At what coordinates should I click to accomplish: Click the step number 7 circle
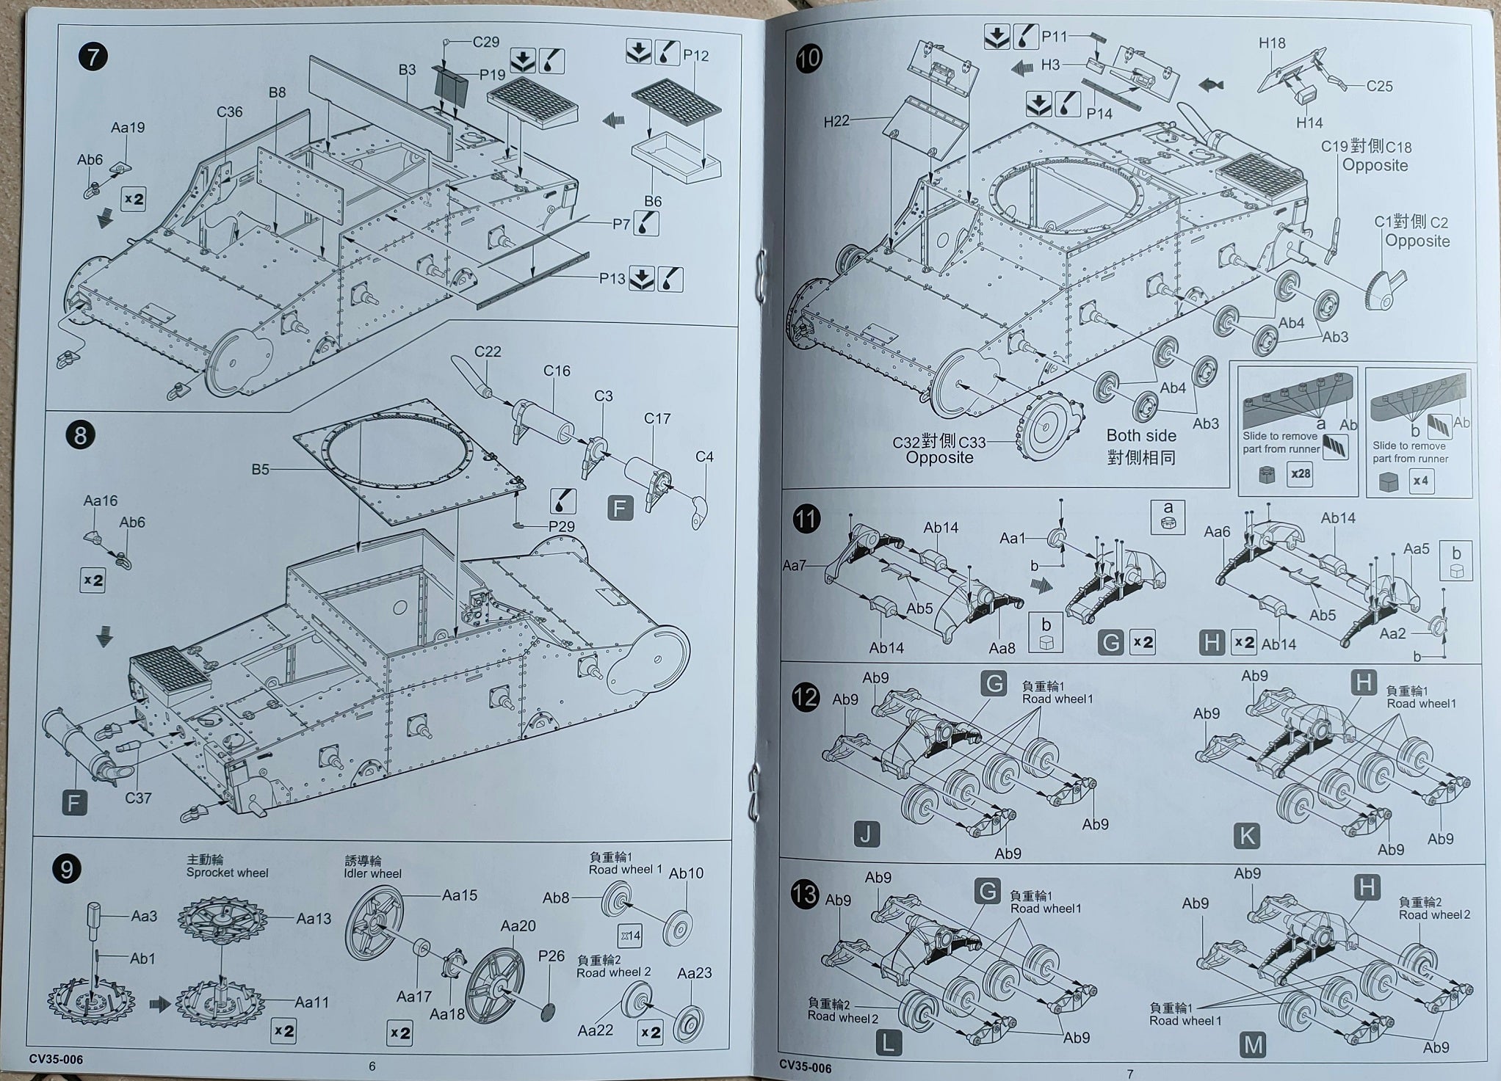93,57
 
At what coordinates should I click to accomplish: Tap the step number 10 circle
809,58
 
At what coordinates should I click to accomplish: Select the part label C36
229,112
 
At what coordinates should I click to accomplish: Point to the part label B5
260,469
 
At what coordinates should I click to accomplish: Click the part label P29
562,526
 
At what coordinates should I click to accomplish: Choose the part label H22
836,121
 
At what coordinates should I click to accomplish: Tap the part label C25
1379,86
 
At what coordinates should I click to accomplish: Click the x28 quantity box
1300,473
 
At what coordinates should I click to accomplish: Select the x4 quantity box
1422,481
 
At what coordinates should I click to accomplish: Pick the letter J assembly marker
867,834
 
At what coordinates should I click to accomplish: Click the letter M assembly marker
1253,1045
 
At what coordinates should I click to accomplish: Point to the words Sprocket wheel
227,873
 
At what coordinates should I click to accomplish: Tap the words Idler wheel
372,873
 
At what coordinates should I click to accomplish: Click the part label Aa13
314,918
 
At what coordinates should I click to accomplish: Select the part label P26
551,956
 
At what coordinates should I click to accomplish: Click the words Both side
1141,436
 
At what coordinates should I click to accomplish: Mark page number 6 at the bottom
372,1066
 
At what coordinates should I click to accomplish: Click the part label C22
488,352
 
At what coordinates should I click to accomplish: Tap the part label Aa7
794,565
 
